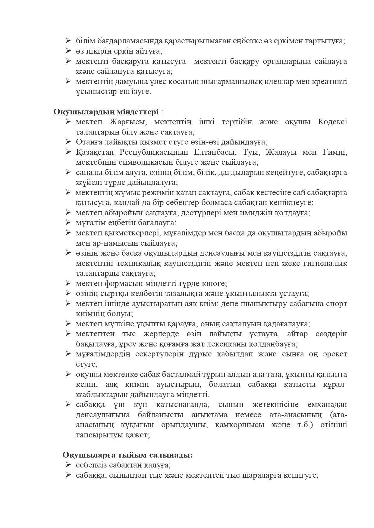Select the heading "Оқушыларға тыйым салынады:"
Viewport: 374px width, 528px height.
127,455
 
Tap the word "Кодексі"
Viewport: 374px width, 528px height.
332,122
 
